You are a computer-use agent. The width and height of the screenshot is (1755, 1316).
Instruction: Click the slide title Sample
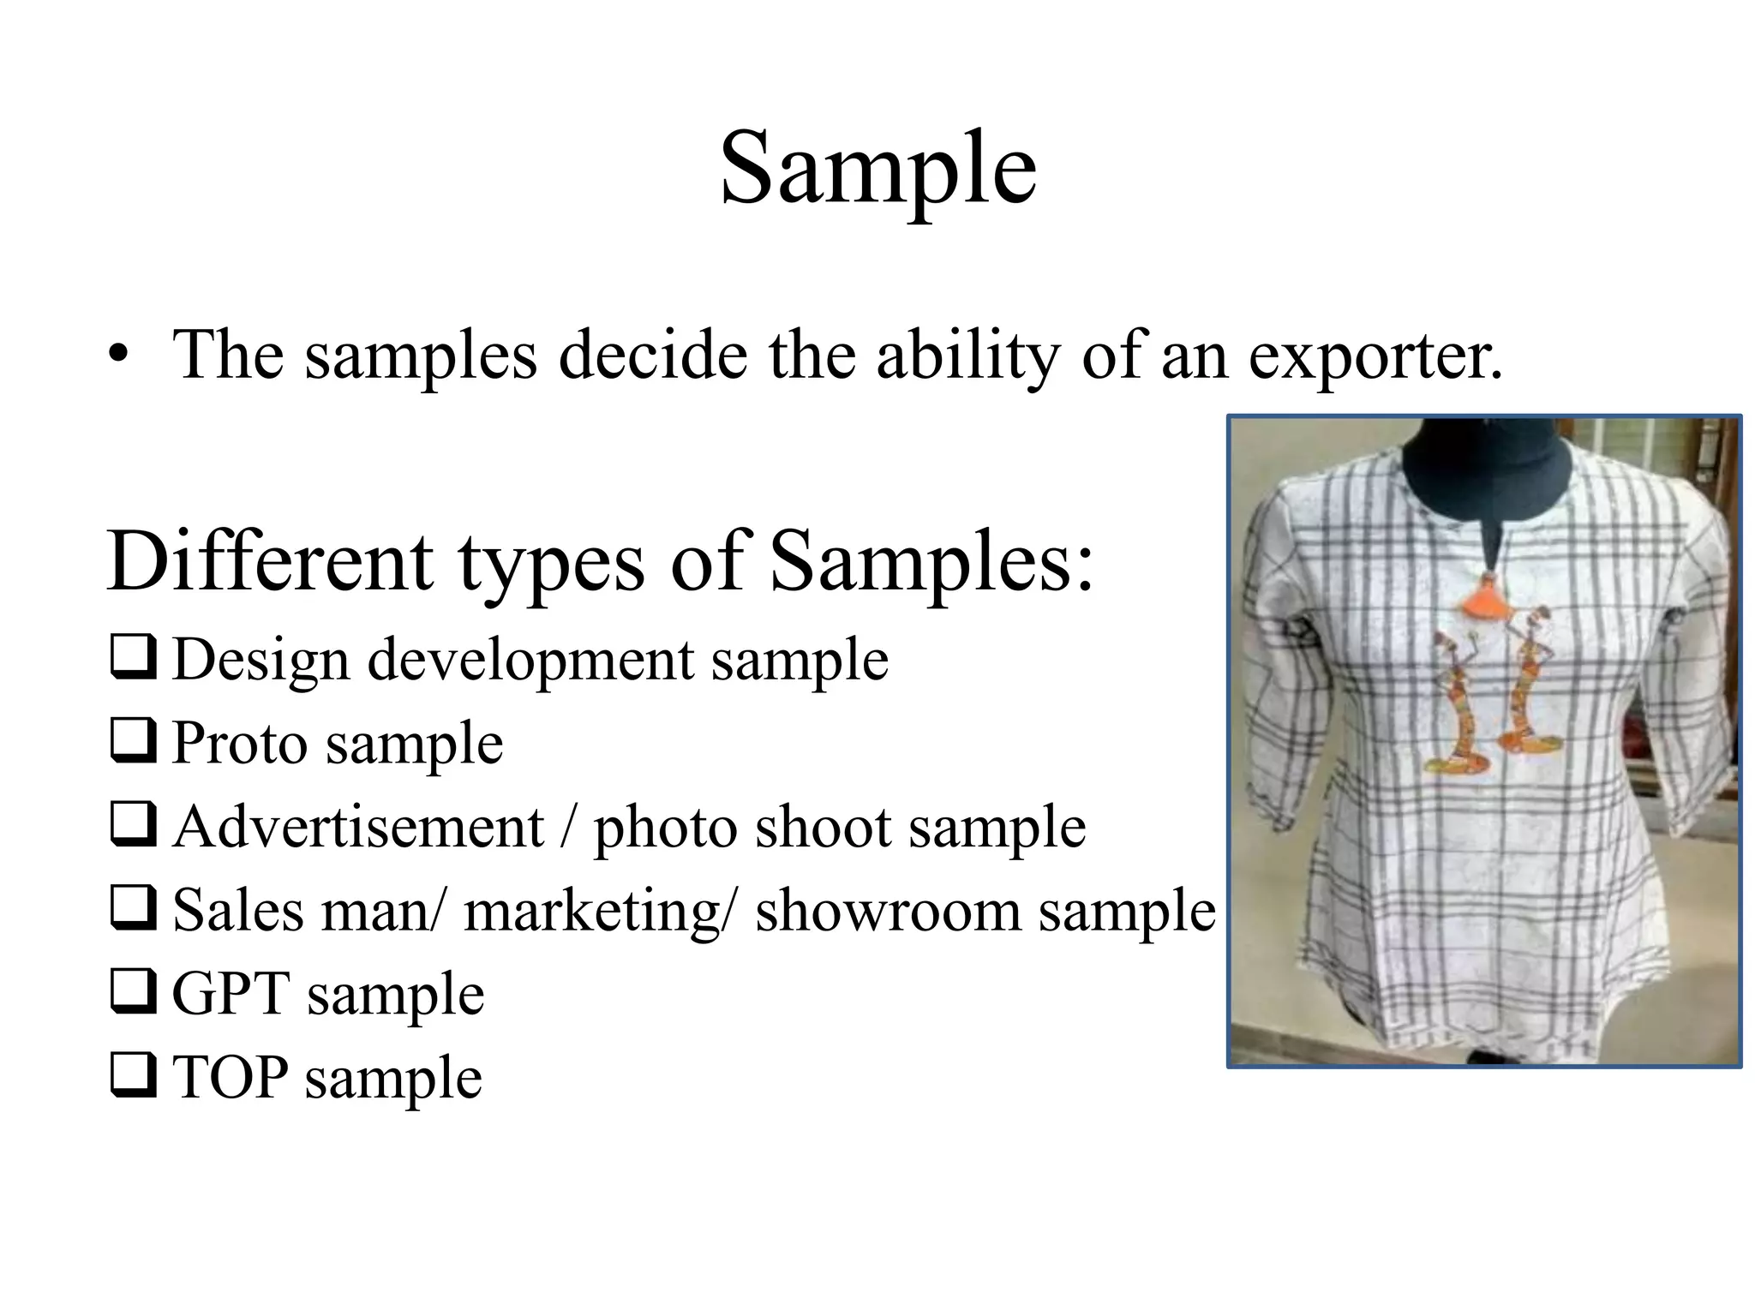[x=877, y=169]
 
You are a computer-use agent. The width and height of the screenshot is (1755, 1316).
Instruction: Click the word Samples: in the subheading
[x=931, y=564]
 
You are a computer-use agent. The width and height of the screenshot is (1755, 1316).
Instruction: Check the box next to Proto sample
[x=133, y=741]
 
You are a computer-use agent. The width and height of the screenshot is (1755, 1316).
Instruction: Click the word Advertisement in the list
[x=358, y=827]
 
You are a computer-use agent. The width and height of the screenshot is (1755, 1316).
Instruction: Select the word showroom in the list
[x=888, y=910]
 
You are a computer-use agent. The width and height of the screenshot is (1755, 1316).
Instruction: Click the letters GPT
[x=231, y=994]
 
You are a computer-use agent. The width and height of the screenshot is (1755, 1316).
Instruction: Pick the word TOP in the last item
[x=229, y=1077]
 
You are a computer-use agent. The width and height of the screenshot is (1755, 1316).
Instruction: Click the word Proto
[x=239, y=743]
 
